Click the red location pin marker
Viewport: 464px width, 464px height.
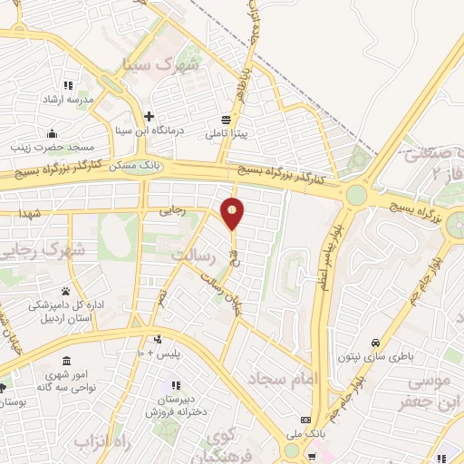point(233,213)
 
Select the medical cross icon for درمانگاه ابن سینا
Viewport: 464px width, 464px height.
point(150,116)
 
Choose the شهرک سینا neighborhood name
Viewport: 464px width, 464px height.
point(164,66)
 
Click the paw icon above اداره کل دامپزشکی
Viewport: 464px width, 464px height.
point(66,291)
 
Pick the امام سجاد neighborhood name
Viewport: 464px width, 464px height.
point(309,377)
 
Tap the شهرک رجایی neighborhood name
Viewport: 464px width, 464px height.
point(42,248)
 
